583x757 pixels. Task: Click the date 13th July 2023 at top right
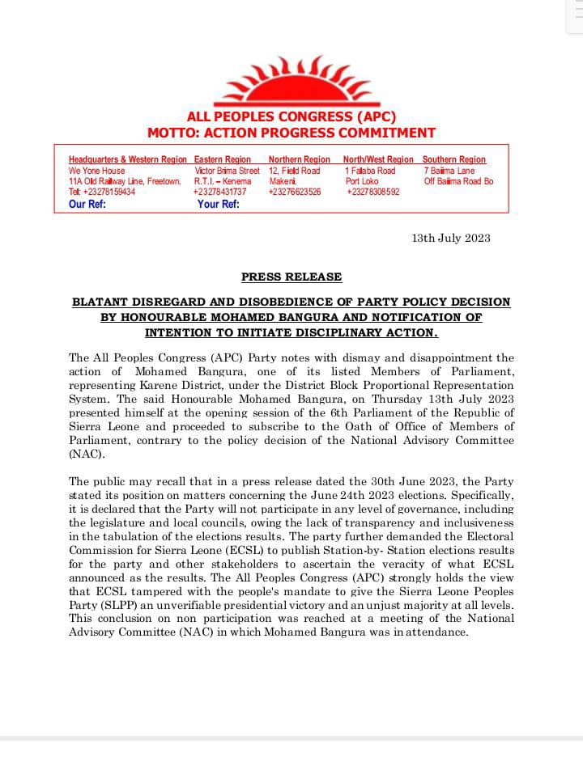[451, 238]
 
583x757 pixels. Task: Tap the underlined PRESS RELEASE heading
[291, 277]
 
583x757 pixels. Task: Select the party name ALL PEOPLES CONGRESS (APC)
[291, 117]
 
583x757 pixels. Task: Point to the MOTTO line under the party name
[291, 133]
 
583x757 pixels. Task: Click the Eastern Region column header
[223, 160]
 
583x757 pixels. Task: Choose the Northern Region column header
[300, 160]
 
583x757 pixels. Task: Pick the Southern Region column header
[454, 160]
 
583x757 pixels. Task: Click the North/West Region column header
[378, 160]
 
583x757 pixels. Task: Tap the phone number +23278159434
[102, 192]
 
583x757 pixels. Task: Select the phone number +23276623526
[295, 192]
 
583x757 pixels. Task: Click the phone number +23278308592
[373, 192]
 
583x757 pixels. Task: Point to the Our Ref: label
[87, 205]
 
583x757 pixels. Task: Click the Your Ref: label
[219, 205]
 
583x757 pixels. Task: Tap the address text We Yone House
[97, 171]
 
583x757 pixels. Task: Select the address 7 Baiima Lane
[449, 171]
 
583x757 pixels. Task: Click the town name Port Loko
[362, 182]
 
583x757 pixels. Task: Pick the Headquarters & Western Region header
[128, 160]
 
